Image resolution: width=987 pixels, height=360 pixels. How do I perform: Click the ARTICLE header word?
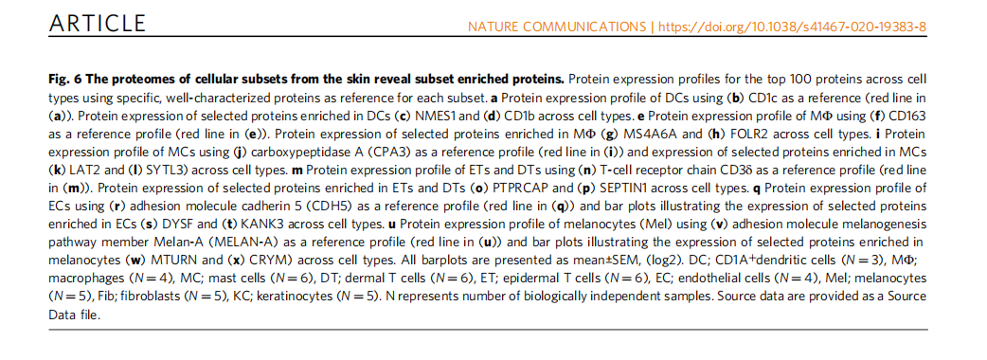click(97, 24)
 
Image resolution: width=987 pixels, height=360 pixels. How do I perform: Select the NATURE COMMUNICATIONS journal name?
click(557, 27)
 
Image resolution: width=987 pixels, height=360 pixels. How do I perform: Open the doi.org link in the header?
click(792, 27)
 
